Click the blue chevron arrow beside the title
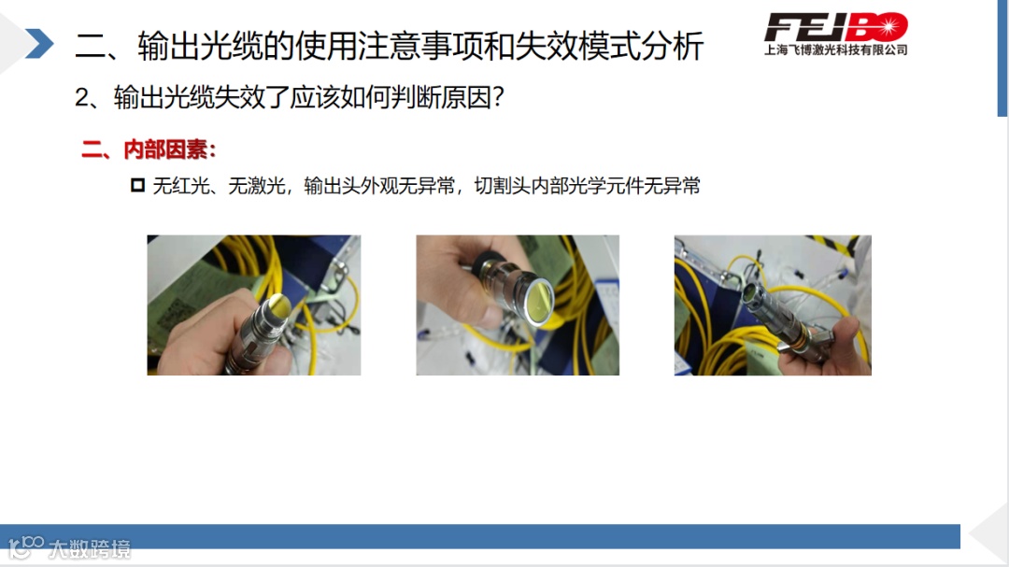pos(40,44)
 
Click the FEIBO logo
pos(836,27)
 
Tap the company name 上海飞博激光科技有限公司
pos(836,50)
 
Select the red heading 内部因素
pos(165,149)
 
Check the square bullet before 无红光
pos(137,185)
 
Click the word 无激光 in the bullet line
pos(257,186)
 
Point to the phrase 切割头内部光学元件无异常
pos(587,186)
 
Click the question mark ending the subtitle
pos(497,98)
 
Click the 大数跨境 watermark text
pos(89,549)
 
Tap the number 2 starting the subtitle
pos(81,98)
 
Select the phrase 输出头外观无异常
pos(379,186)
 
